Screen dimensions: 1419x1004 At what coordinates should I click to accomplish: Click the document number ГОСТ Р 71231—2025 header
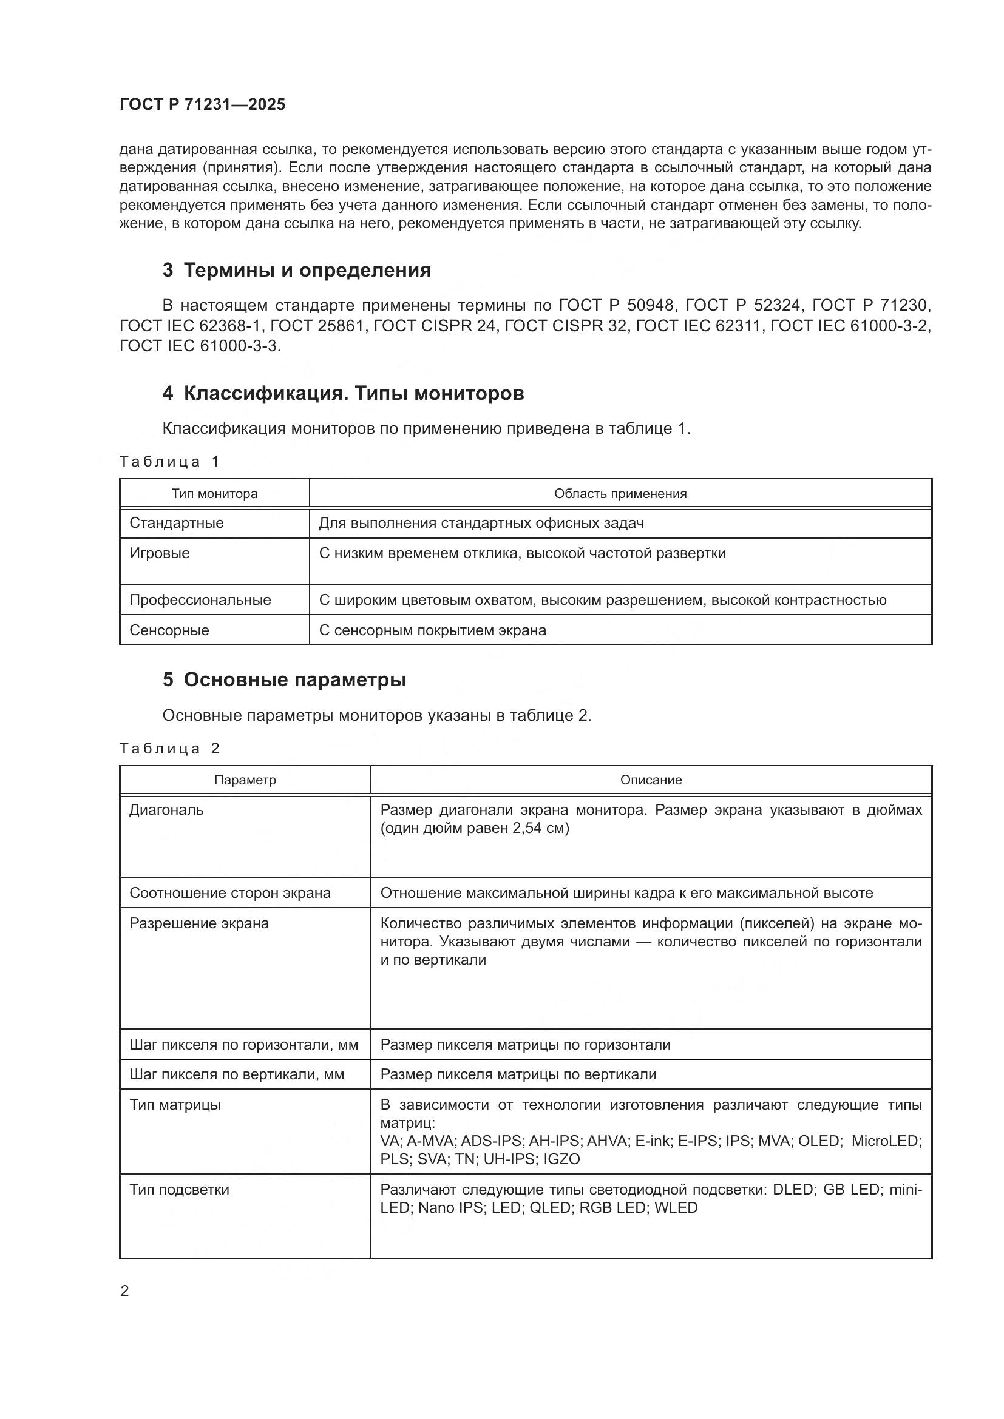[x=202, y=104]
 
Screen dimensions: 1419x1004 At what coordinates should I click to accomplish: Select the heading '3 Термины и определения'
[x=297, y=270]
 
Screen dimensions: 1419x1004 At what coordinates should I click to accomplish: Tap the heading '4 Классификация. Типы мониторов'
[x=343, y=393]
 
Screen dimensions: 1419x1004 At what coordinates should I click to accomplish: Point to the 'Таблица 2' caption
[x=169, y=749]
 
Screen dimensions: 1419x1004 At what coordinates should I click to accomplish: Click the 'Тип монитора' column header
[x=214, y=494]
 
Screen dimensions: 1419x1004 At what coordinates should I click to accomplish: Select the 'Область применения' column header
[x=620, y=494]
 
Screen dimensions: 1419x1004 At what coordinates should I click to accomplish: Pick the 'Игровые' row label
[x=160, y=553]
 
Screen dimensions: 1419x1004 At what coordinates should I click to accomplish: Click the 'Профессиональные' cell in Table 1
[x=200, y=600]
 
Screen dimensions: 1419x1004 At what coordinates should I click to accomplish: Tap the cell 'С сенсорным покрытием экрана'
[x=433, y=630]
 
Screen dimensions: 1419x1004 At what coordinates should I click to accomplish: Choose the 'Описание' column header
[x=651, y=780]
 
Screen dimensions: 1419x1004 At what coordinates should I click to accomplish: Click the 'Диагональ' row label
[x=166, y=810]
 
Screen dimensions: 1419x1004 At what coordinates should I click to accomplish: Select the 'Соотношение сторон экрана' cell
[x=230, y=893]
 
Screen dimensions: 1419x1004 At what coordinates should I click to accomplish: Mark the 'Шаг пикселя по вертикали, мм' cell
[x=237, y=1075]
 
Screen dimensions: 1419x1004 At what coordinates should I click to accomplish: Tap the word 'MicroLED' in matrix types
[x=886, y=1141]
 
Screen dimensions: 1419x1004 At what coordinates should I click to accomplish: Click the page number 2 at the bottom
[x=125, y=1291]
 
